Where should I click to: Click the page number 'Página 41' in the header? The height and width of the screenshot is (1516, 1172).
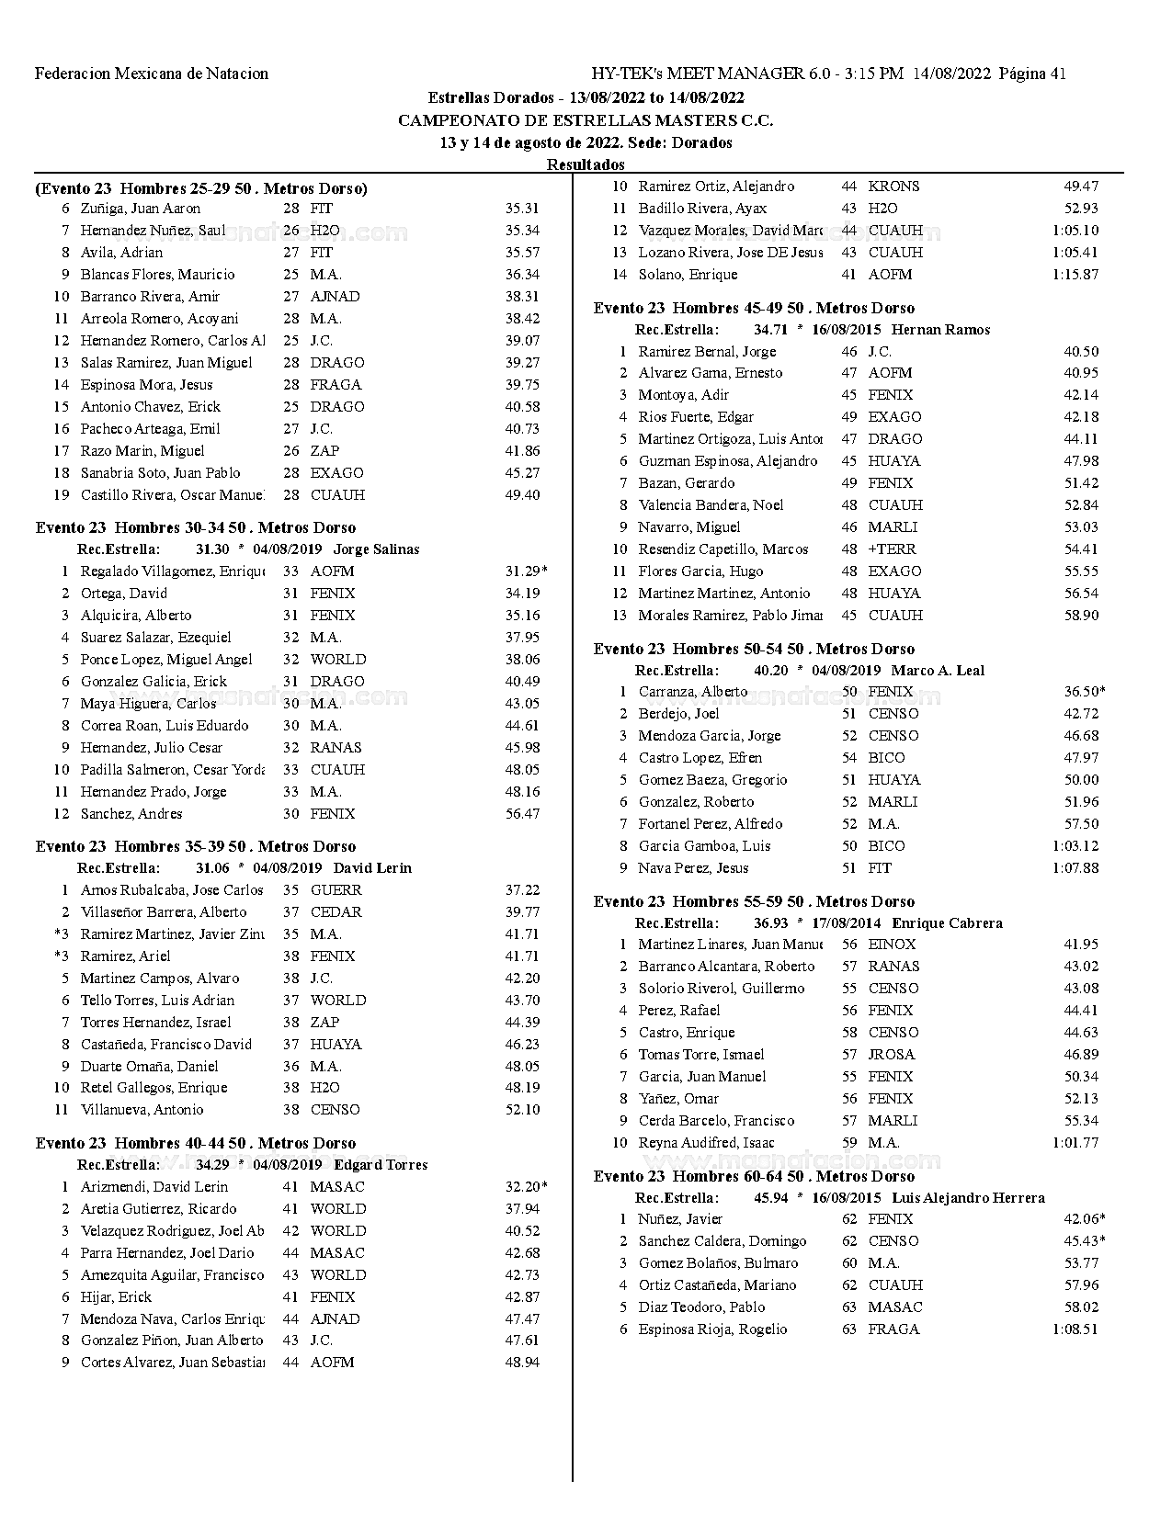(1032, 74)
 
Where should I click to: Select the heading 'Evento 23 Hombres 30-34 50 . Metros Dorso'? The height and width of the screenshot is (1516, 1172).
(196, 527)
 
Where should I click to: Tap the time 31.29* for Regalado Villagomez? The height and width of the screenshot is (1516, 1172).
(526, 571)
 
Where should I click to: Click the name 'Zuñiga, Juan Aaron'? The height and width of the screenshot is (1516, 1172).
(141, 209)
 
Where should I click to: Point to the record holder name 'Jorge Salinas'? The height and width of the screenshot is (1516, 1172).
(376, 549)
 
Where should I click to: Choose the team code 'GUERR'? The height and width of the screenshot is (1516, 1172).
(336, 889)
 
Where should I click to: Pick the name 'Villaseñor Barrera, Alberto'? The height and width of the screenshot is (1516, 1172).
(164, 911)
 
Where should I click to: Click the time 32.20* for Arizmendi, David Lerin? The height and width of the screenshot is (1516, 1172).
(526, 1186)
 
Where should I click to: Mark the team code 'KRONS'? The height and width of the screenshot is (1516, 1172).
(893, 187)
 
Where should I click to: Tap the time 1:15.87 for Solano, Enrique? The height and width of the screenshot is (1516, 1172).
(1075, 275)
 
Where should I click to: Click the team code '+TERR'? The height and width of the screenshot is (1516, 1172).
(893, 549)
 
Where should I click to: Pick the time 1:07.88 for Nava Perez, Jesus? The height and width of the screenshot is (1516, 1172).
(1075, 868)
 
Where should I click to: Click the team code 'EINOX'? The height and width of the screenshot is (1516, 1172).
(892, 945)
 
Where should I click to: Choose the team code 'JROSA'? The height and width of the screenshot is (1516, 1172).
(892, 1055)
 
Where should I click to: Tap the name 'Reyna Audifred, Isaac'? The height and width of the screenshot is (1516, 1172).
(707, 1143)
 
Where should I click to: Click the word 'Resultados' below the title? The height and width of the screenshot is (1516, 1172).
(586, 164)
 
